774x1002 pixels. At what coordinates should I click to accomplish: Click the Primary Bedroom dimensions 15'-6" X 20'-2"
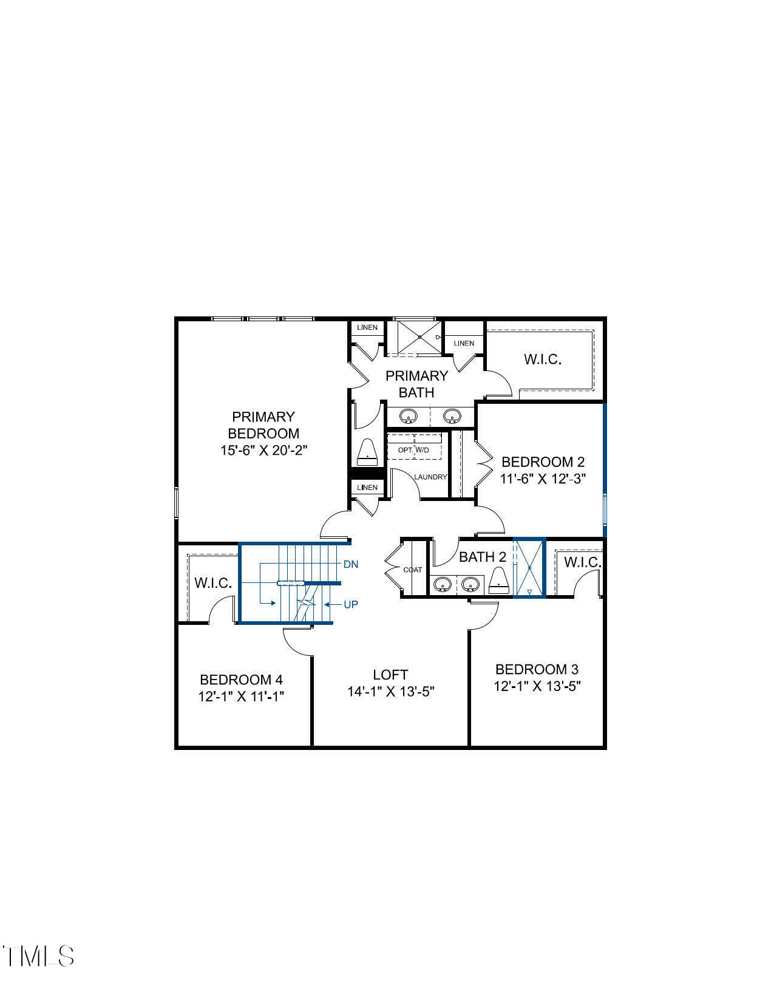(263, 450)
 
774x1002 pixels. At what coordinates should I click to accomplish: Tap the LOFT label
(390, 675)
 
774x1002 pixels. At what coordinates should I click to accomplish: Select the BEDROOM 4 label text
(241, 680)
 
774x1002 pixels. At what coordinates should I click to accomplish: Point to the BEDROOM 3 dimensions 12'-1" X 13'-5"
(537, 686)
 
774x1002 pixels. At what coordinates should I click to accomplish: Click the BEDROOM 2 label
(543, 462)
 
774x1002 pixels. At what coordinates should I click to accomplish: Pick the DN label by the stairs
(351, 564)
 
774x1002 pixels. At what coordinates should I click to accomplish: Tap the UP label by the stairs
(351, 604)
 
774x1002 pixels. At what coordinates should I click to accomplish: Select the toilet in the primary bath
(367, 451)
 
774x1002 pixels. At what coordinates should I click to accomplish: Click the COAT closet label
(413, 570)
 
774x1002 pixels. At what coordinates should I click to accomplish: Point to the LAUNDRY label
(430, 477)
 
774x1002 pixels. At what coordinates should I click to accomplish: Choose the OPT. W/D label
(413, 450)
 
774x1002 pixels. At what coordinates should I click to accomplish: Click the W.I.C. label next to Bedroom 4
(213, 583)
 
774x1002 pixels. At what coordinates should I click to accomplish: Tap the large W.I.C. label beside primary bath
(543, 359)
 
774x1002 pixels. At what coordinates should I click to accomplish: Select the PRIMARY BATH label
(416, 384)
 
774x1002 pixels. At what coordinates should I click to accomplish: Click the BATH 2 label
(482, 557)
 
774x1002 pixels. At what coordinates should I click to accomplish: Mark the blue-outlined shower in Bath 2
(529, 568)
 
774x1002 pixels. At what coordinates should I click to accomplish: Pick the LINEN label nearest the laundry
(367, 487)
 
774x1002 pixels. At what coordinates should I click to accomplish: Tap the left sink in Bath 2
(443, 584)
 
